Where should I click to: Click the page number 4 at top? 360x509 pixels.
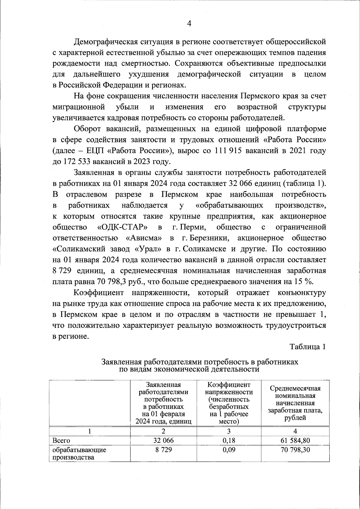pyautogui.click(x=189, y=24)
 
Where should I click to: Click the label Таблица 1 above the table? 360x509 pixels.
pyautogui.click(x=307, y=346)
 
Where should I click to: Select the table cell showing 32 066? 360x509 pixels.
pyautogui.click(x=163, y=440)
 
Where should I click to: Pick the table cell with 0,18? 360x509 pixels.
pyautogui.click(x=229, y=440)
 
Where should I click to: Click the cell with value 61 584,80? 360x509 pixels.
pyautogui.click(x=295, y=440)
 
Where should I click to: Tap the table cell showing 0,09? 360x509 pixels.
pyautogui.click(x=229, y=450)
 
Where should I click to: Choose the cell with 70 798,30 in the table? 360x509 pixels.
pyautogui.click(x=295, y=450)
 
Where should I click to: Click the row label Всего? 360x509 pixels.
pyautogui.click(x=61, y=441)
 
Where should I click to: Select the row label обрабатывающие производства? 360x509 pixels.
pyautogui.click(x=79, y=454)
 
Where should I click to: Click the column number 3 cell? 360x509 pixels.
pyautogui.click(x=229, y=431)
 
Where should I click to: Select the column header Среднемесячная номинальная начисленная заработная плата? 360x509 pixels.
pyautogui.click(x=295, y=403)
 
